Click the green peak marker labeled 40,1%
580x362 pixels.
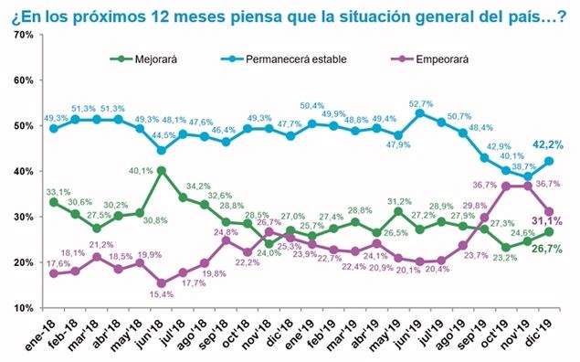(x=162, y=170)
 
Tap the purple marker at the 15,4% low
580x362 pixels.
(x=162, y=282)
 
